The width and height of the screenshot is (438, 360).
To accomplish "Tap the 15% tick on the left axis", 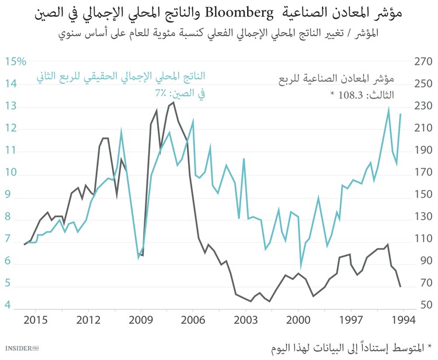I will tap(16, 62).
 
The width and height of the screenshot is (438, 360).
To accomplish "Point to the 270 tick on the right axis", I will tap(422, 62).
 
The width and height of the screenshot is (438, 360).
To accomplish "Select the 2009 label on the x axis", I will tap(140, 320).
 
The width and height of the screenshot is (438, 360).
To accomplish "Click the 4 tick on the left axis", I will tap(8, 305).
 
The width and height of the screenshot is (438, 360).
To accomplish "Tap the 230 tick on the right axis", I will tap(422, 107).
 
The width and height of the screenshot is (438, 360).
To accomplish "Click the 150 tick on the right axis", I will tap(422, 197).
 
